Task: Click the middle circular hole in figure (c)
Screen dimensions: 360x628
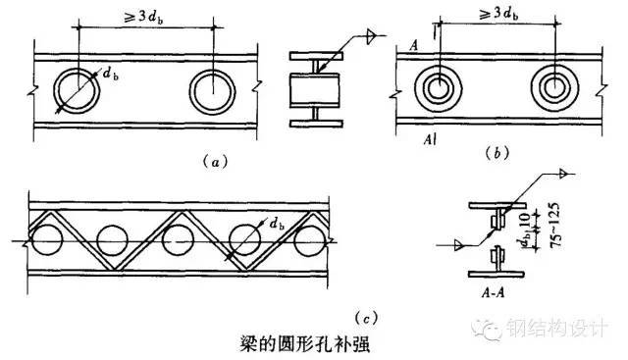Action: coord(180,239)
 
